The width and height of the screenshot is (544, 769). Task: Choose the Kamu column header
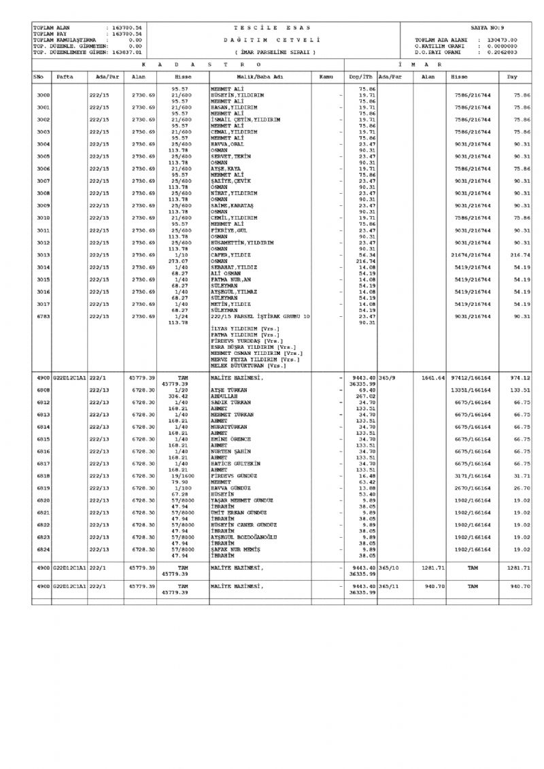326,78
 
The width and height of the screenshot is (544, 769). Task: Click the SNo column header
39,78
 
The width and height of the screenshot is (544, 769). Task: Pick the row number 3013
43,254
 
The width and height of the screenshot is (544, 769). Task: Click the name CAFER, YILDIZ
231,254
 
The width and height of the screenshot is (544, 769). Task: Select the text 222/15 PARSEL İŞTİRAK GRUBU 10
260,316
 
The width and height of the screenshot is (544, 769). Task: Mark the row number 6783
43,316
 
